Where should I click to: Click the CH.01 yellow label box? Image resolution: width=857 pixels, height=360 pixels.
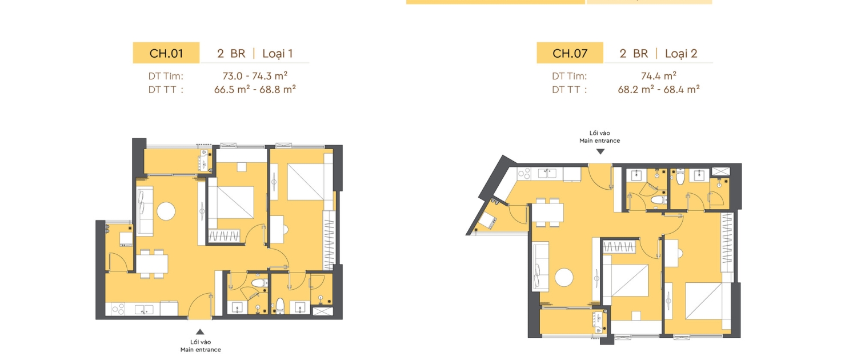pos(166,53)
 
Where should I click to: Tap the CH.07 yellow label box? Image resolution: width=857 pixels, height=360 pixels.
pos(570,53)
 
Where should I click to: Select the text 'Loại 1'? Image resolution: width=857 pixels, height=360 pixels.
pos(277,54)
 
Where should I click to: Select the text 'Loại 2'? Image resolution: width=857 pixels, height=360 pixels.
pos(681,54)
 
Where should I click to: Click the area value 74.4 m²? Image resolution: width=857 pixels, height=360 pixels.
pos(658,76)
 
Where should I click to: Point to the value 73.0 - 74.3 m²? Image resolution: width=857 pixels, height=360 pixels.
pos(255,76)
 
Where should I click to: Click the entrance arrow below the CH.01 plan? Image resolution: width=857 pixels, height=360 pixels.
pos(200,331)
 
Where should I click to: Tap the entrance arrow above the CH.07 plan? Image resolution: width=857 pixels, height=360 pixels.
pos(600,151)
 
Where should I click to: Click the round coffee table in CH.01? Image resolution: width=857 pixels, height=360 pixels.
pos(166,211)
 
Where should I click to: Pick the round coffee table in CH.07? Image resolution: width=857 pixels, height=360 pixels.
pos(564,277)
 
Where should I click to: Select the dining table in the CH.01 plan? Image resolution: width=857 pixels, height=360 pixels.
pos(152,264)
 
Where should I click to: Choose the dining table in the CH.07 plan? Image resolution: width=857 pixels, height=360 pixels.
pos(548,213)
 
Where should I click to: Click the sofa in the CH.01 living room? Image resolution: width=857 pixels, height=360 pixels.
pos(145,211)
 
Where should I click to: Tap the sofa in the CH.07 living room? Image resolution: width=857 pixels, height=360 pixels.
pos(540,267)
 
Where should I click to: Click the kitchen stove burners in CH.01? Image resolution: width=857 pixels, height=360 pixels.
pos(118,309)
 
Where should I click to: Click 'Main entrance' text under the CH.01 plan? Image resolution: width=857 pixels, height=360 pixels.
pos(201,350)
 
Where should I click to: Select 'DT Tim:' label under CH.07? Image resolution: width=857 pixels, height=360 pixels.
pos(569,76)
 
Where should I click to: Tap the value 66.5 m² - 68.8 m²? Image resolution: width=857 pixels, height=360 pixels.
pos(255,90)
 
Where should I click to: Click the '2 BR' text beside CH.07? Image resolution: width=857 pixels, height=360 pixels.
pos(634,54)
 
